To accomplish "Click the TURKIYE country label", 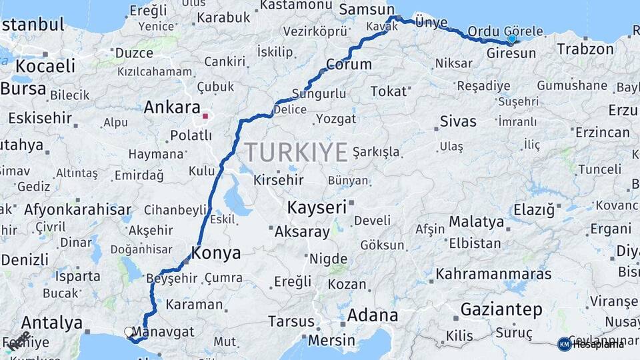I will (x=297, y=153).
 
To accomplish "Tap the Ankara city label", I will (x=172, y=107).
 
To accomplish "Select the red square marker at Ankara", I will (x=206, y=116).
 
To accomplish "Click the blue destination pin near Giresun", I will (x=511, y=39).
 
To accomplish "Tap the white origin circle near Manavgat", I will (x=129, y=331).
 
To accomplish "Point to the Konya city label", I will (x=216, y=253).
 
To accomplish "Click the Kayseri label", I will (x=317, y=207).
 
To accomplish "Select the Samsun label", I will (x=367, y=10).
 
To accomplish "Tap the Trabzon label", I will (x=585, y=49).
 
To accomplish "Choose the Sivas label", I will (x=458, y=121).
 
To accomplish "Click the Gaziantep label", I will (x=501, y=309).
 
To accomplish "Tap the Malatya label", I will (x=476, y=221).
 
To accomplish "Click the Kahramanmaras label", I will (x=493, y=274).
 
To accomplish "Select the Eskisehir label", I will (x=39, y=118).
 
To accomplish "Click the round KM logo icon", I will (x=564, y=344).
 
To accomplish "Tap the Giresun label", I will (x=511, y=53).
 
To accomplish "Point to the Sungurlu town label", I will (x=319, y=94).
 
